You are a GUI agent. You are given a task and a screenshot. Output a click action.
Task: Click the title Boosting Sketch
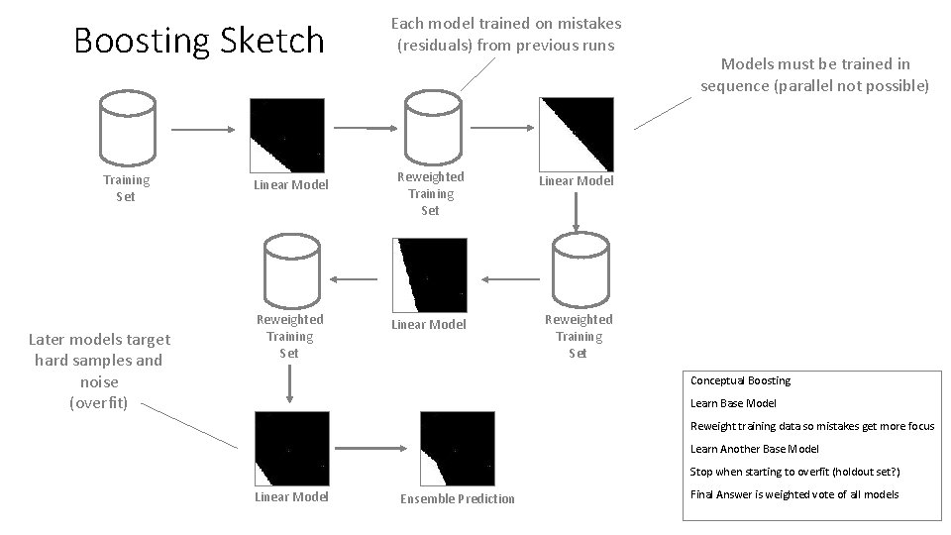point(199,41)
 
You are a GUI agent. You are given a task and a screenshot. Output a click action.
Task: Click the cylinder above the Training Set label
point(126,130)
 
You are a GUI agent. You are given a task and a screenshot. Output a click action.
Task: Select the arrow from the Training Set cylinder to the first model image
point(203,130)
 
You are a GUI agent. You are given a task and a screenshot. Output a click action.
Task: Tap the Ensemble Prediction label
point(458,498)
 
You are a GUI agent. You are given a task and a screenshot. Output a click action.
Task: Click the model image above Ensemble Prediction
point(457,448)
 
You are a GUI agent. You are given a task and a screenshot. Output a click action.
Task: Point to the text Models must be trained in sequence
point(814,75)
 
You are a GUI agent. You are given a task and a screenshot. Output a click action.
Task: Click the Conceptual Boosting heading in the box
point(740,380)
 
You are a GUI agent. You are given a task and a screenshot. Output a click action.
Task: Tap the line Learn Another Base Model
point(754,449)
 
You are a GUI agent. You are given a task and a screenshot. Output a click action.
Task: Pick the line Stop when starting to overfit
point(794,472)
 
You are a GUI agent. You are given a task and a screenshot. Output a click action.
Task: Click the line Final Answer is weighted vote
point(794,494)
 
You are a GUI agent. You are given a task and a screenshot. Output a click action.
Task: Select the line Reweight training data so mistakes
point(811,426)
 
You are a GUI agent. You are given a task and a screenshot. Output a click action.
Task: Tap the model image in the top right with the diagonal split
point(576,134)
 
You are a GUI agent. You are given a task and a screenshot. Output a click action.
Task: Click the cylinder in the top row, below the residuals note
point(430,130)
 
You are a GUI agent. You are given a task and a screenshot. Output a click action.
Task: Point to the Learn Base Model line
point(733,403)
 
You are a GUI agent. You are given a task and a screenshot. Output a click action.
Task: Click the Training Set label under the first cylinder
point(126,188)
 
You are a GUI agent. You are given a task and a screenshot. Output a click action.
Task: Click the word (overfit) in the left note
point(98,402)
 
